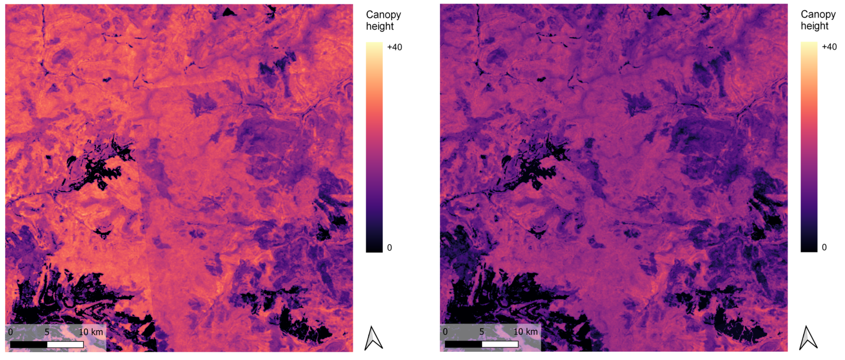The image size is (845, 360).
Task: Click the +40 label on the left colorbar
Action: coord(394,47)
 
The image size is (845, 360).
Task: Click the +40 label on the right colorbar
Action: coord(829,47)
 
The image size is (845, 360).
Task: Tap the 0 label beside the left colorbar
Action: coord(389,248)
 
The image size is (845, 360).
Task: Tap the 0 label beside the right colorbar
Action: coord(824,247)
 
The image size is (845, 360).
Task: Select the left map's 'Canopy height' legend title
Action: coord(383,20)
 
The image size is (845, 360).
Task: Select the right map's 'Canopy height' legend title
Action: coord(818,20)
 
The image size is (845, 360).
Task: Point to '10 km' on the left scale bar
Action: coord(91,332)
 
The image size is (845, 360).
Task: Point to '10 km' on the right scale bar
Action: coord(526,332)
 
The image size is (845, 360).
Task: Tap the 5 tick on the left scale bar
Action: coord(47,332)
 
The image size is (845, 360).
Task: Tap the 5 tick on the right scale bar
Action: coord(482,332)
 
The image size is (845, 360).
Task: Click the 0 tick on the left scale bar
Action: coord(10,332)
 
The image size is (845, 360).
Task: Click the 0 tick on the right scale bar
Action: coord(445,332)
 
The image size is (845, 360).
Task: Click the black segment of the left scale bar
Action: coord(29,345)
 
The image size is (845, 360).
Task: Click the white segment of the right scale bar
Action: coord(500,344)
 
